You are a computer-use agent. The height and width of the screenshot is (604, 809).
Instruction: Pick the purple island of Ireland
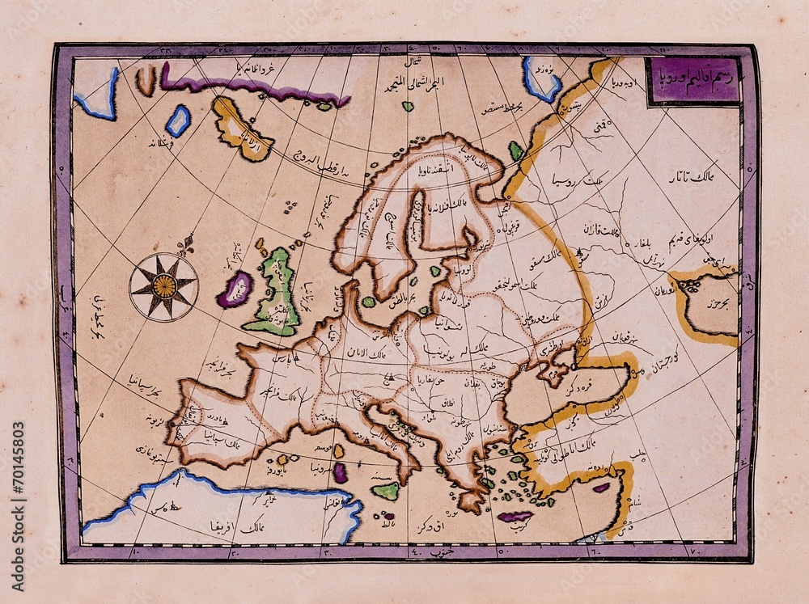(235, 289)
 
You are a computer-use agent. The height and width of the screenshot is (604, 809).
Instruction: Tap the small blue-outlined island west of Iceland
(177, 120)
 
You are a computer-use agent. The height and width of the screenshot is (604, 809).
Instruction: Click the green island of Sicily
(387, 491)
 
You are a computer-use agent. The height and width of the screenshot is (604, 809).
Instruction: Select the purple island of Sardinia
(341, 474)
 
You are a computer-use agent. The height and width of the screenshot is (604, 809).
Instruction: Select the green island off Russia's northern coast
(515, 150)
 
